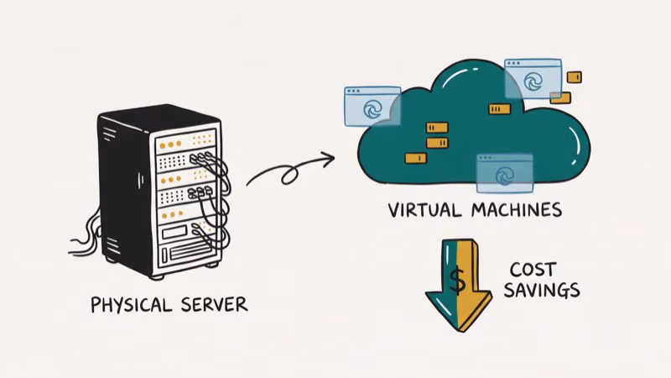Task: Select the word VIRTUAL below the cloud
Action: pos(426,209)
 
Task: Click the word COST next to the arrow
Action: pos(534,270)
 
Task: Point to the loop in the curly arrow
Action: pos(289,176)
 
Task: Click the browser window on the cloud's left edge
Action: pos(372,106)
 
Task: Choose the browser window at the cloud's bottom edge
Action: pos(504,173)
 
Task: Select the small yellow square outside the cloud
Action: pos(574,77)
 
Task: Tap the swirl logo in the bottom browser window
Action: pos(505,176)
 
